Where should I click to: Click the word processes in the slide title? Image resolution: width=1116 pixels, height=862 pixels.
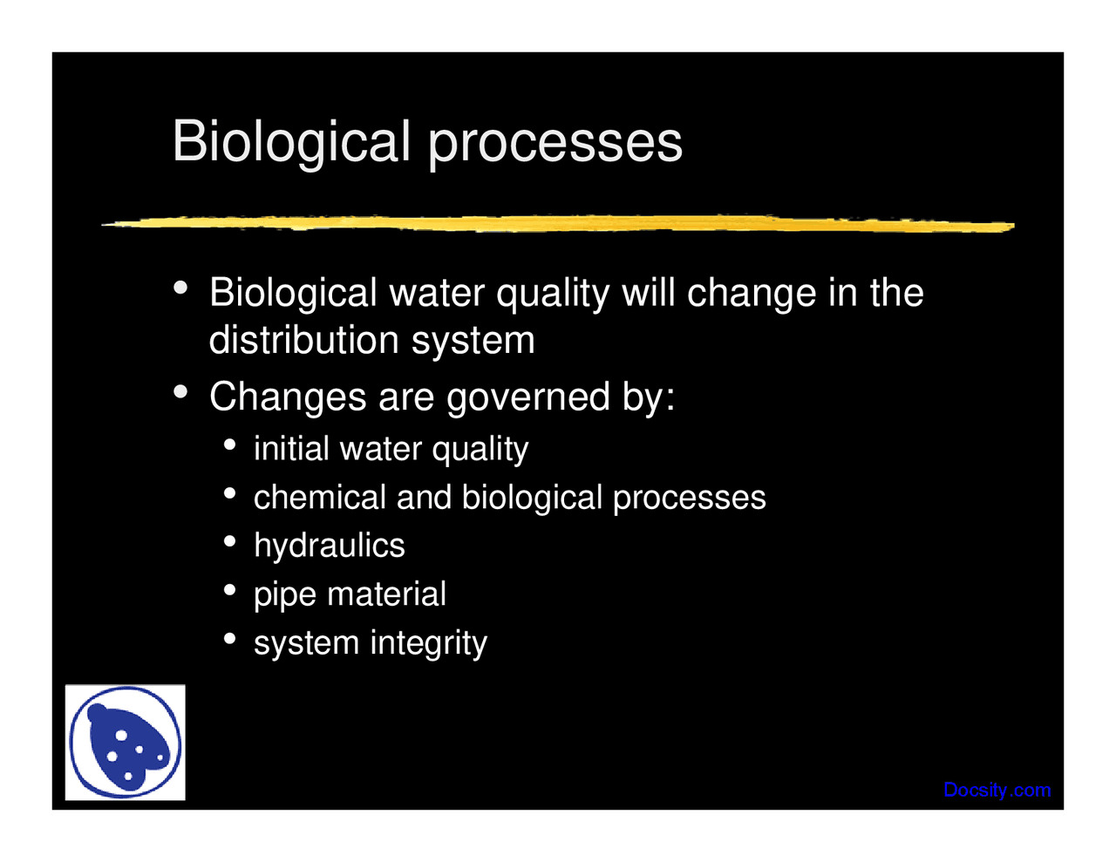tap(555, 145)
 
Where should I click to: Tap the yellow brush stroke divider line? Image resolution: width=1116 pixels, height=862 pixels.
tap(558, 224)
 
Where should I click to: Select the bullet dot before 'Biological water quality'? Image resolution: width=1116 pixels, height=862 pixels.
tap(180, 288)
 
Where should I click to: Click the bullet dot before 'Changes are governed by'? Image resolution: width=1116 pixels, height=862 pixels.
tap(180, 392)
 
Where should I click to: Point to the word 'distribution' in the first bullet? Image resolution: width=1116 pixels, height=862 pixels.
tap(303, 340)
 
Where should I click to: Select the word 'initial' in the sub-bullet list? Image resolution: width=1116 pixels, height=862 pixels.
tap(291, 449)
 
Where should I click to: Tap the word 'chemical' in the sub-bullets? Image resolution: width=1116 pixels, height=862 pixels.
tap(319, 497)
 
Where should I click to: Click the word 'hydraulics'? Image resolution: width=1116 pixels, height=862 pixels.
tap(329, 546)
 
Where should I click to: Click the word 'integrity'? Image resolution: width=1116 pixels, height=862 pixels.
tap(428, 644)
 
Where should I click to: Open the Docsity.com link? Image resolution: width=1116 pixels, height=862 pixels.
tap(997, 790)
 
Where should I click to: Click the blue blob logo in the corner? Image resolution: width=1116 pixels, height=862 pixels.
tap(126, 742)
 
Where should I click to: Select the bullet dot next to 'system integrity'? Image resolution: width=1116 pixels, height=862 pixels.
tap(229, 639)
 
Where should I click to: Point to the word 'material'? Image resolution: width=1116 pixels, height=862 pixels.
tap(386, 594)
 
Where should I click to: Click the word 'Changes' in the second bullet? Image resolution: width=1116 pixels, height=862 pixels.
tap(288, 397)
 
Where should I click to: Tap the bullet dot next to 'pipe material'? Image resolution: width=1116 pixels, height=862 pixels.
tap(229, 591)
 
